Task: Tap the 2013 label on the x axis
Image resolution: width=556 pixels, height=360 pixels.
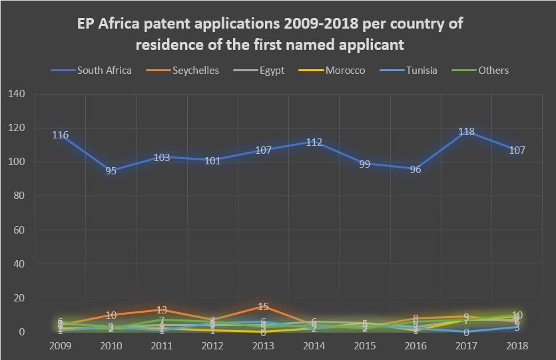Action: [263, 345]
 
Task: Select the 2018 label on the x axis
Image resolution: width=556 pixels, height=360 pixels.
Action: [517, 345]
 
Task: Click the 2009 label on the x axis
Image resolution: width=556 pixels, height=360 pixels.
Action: [61, 345]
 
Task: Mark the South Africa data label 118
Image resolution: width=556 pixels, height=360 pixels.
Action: [467, 132]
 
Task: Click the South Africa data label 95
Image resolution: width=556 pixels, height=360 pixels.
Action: [111, 171]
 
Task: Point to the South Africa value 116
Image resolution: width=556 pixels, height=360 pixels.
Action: [61, 135]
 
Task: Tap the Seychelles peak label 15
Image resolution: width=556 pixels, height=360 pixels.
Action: [263, 307]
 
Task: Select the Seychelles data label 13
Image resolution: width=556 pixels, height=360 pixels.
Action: [162, 310]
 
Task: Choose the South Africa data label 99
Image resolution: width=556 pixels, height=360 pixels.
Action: [365, 164]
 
